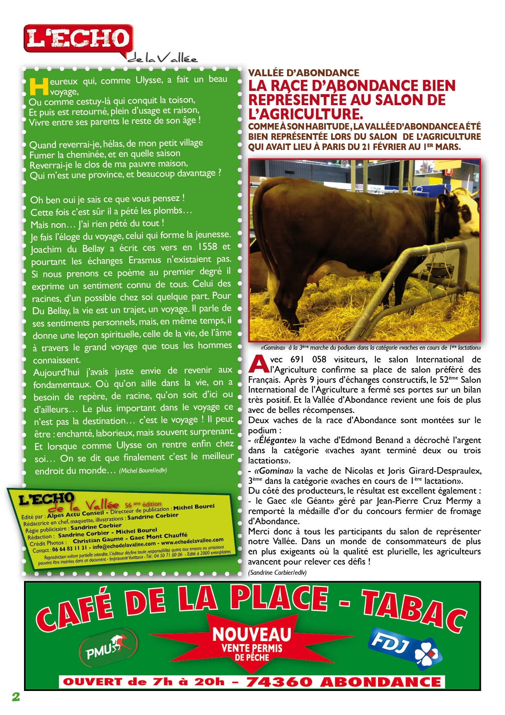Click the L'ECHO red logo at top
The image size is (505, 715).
(78, 39)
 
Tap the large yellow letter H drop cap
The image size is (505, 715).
(39, 86)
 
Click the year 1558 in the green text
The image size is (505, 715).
(207, 247)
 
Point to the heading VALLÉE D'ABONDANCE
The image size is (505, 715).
(303, 73)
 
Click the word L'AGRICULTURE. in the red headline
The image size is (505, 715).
(305, 114)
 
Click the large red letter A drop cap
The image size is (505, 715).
(258, 364)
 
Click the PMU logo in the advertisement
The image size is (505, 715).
(108, 648)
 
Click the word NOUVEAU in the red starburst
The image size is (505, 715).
(252, 634)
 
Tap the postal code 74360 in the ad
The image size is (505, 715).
(279, 682)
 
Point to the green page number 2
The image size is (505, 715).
(16, 697)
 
